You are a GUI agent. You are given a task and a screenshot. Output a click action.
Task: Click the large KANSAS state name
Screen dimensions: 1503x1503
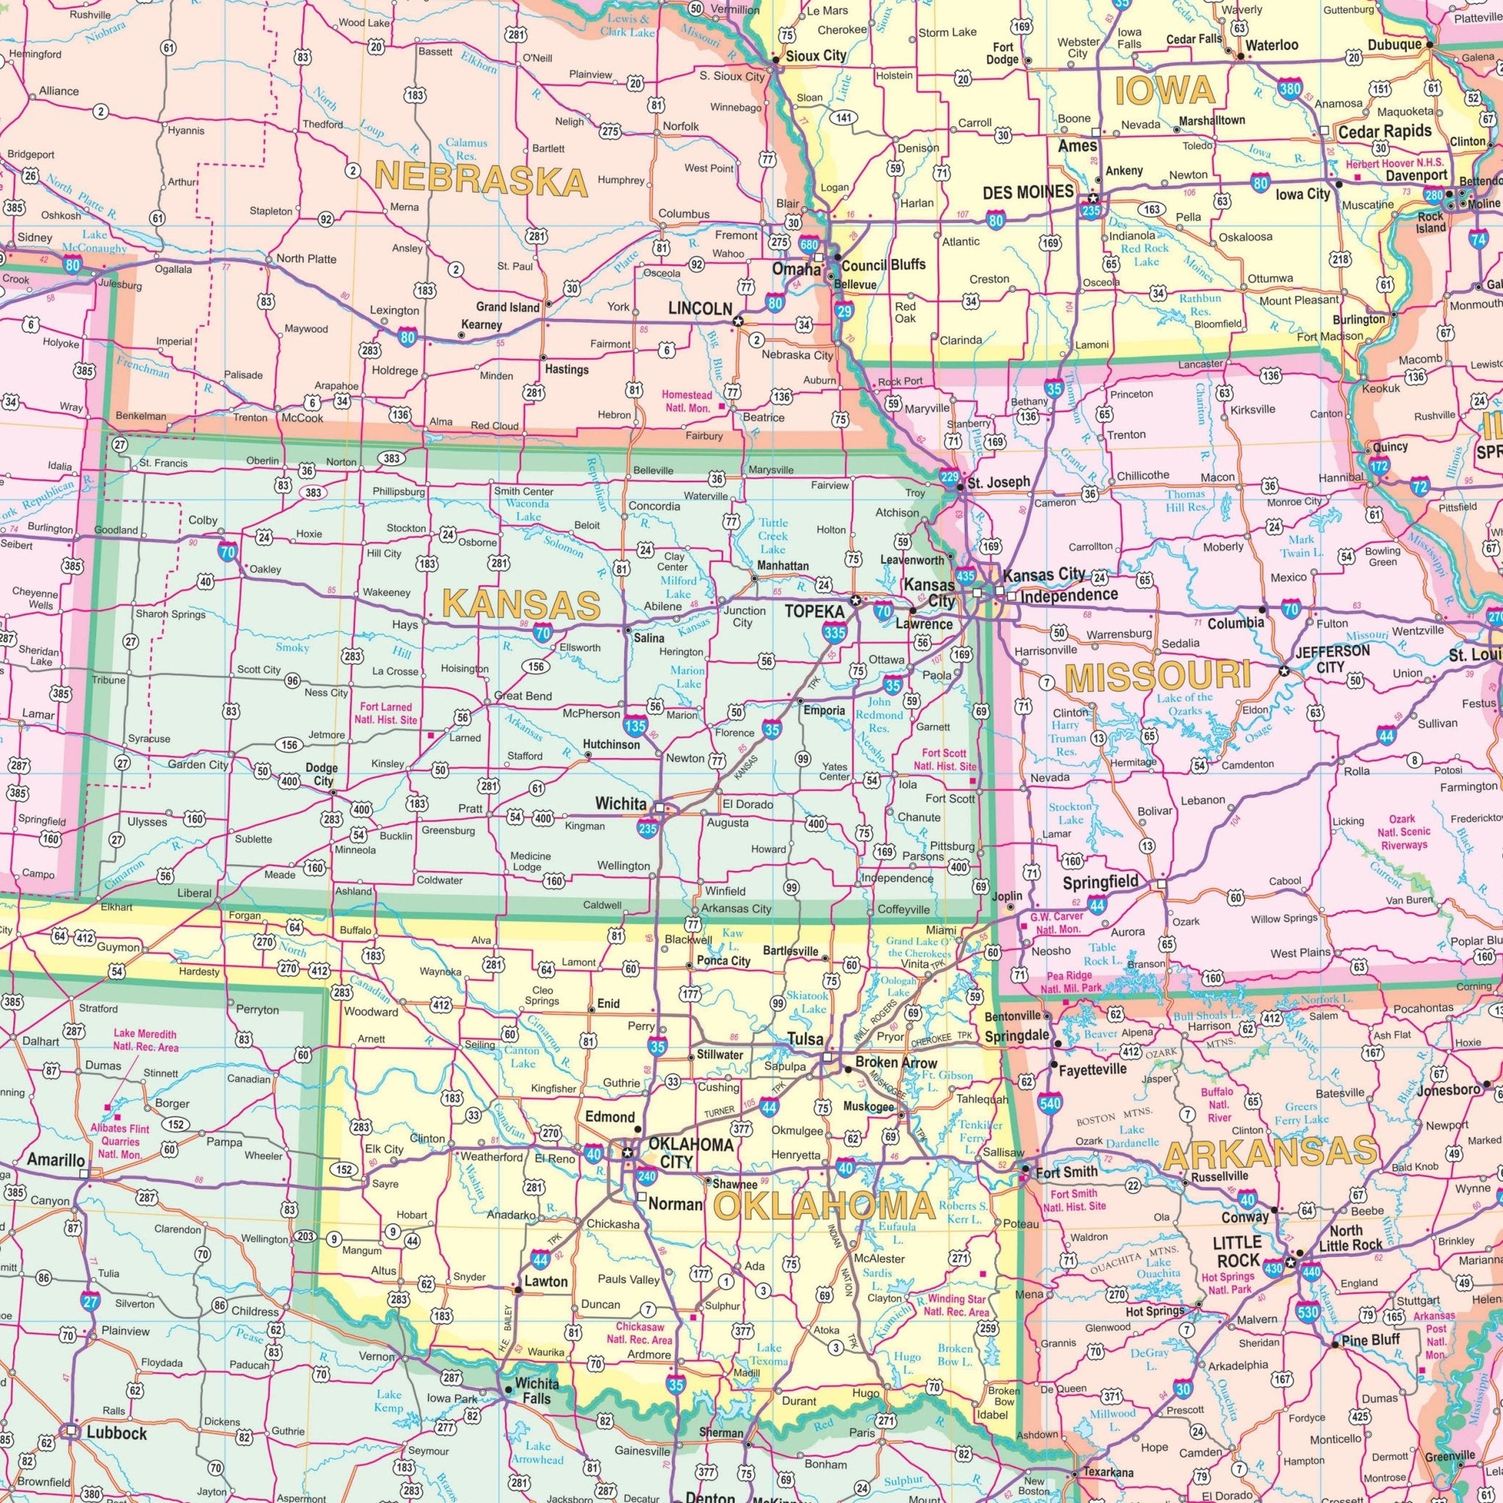(x=521, y=605)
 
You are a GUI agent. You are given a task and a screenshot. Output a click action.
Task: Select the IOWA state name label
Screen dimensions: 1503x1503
(x=1165, y=90)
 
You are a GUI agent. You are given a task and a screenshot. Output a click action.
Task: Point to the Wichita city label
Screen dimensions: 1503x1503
(x=620, y=802)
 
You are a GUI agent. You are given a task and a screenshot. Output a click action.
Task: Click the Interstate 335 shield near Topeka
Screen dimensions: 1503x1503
(x=833, y=634)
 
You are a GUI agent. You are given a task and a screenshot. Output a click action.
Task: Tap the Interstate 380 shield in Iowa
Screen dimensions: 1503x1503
(x=1288, y=90)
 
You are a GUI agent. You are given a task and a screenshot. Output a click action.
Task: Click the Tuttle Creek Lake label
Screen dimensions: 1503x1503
(x=774, y=536)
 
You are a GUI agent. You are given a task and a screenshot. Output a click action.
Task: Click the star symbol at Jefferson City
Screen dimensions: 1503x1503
(x=1284, y=671)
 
